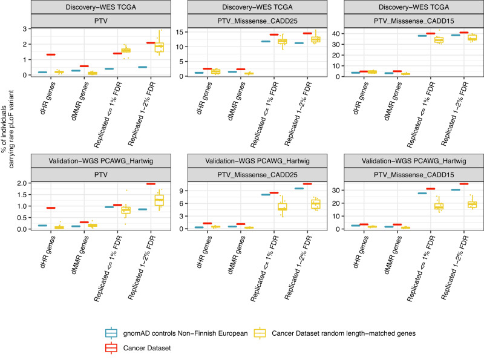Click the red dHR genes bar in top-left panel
51,55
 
